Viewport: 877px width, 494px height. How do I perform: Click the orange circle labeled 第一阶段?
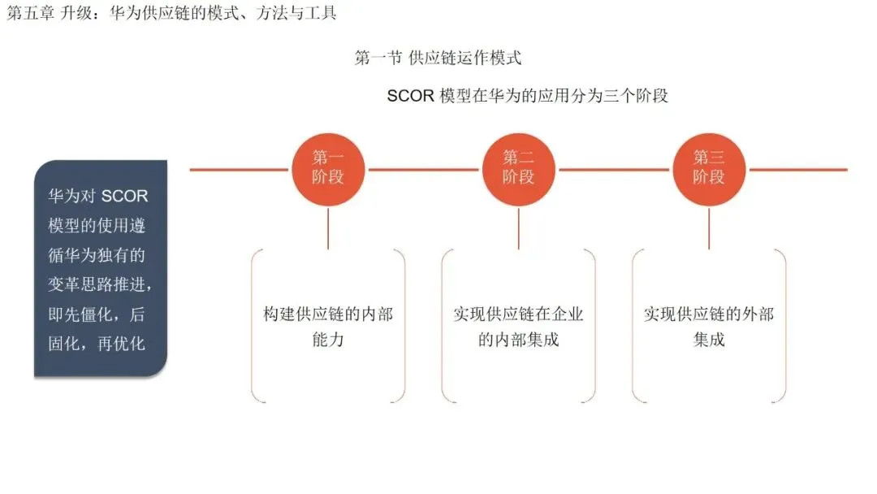point(328,169)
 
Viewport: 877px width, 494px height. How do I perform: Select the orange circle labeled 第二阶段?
point(518,169)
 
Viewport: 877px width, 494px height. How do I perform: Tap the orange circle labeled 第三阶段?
point(709,169)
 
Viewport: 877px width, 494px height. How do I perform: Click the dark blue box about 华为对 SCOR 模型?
point(101,268)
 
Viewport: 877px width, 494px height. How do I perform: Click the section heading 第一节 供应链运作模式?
point(438,58)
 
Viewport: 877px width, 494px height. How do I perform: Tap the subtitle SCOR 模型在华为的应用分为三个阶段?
point(528,96)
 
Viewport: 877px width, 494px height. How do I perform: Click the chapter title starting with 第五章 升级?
point(171,13)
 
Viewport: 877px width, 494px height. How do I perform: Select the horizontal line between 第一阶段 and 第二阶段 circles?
point(423,170)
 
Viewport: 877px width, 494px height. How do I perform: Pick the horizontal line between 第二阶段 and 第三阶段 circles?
point(614,170)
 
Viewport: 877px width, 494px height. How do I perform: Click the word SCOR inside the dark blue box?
point(124,197)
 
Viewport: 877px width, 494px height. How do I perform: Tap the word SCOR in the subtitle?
point(411,96)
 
